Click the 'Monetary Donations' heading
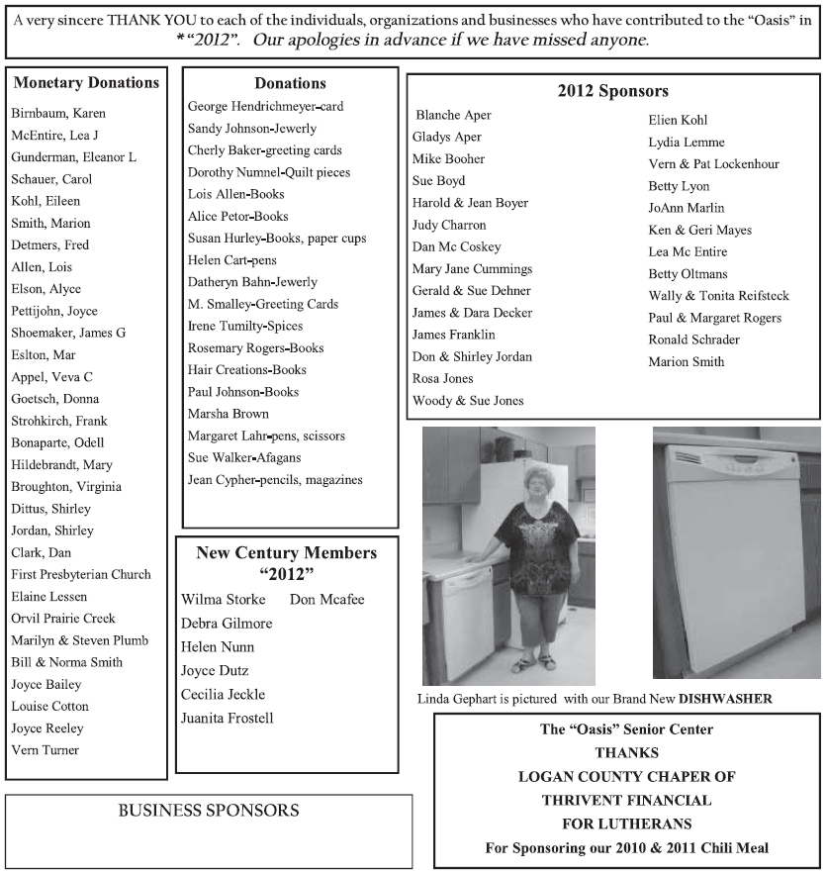[87, 82]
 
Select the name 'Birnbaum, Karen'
[58, 113]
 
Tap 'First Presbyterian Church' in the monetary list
[81, 574]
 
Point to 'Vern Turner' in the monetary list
[46, 749]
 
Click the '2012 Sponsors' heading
[612, 91]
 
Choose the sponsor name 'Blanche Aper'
[453, 115]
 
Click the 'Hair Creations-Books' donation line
[247, 369]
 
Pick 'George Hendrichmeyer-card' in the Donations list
[266, 106]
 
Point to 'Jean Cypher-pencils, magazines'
[275, 480]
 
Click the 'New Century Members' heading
[286, 552]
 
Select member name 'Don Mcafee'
[327, 599]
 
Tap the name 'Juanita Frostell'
[228, 718]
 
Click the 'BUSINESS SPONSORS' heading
[209, 810]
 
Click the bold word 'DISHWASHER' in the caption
[724, 699]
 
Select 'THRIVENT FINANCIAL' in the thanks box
[626, 799]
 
